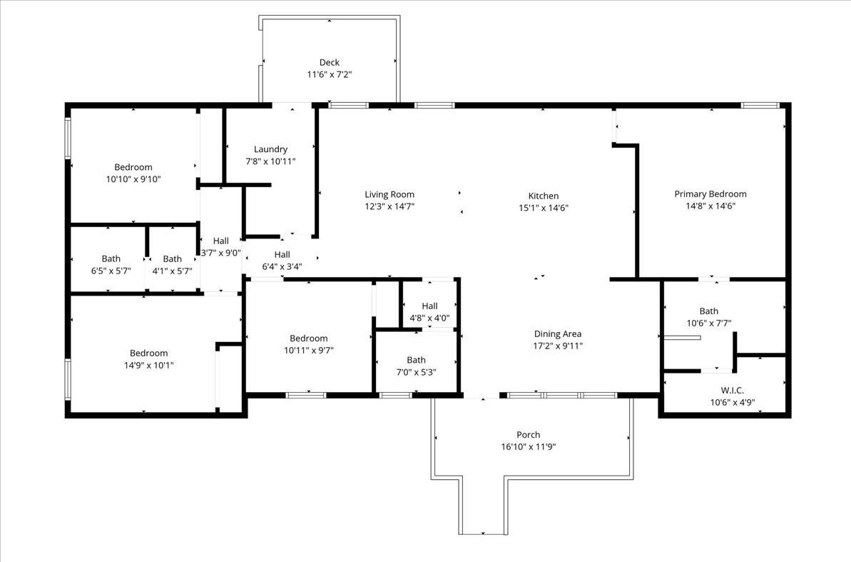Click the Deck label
(x=330, y=63)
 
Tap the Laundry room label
(x=270, y=149)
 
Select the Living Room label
(x=389, y=194)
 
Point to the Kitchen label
(x=544, y=196)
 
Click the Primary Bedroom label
(x=710, y=194)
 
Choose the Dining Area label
(x=557, y=333)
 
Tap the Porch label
(x=528, y=435)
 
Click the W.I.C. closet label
(x=732, y=390)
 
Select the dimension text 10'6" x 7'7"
(x=709, y=323)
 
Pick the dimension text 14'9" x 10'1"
(x=148, y=365)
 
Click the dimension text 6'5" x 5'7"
(x=111, y=271)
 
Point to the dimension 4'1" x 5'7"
(x=172, y=271)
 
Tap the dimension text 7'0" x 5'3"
(x=417, y=372)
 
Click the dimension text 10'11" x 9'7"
(x=308, y=351)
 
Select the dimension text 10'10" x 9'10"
(x=133, y=179)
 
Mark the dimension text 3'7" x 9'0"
(x=220, y=253)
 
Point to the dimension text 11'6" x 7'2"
(x=330, y=74)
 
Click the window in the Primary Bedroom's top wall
(x=760, y=106)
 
